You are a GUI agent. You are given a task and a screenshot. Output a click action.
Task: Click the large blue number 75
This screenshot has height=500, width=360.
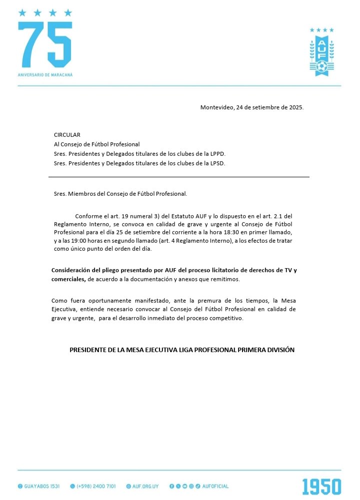click(x=44, y=45)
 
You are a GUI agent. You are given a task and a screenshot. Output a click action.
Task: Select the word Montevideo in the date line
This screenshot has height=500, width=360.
click(x=217, y=107)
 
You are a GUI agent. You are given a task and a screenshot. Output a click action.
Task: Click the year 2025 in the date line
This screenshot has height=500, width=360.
click(x=294, y=107)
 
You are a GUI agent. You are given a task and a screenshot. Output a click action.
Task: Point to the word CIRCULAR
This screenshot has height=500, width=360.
click(x=67, y=135)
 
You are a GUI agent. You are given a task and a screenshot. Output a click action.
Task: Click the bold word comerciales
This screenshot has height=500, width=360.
click(x=68, y=279)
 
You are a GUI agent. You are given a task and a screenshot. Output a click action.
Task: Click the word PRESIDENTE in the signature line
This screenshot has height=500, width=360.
click(x=88, y=350)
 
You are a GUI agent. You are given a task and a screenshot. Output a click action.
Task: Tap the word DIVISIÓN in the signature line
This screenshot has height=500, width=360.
click(x=279, y=350)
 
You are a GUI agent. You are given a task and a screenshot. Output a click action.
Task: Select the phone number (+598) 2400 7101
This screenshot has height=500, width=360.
click(x=96, y=486)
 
